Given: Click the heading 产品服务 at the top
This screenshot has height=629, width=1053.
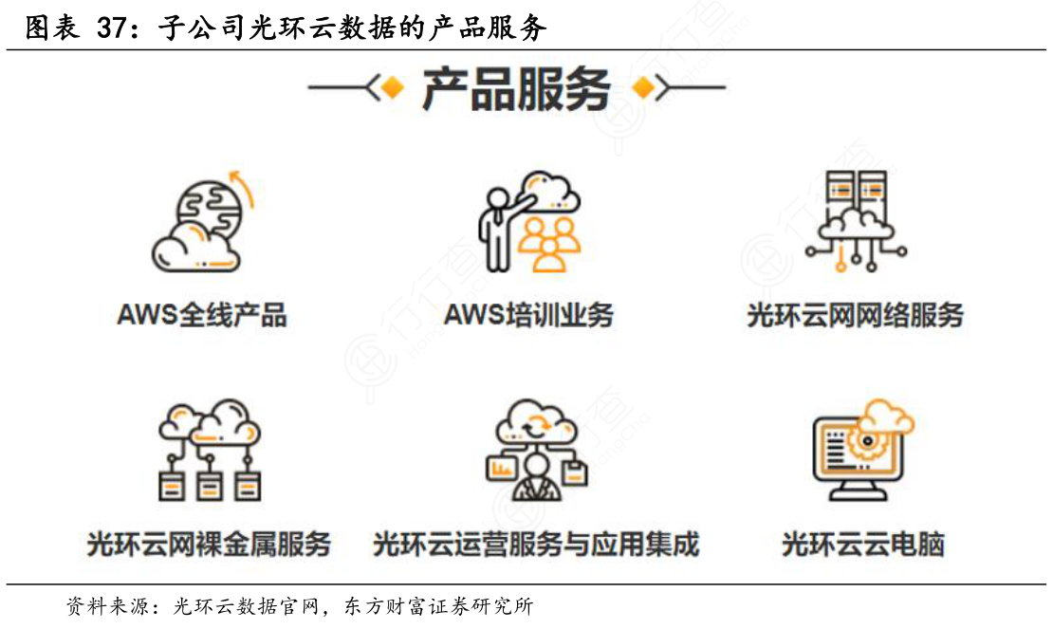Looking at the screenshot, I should pos(515,90).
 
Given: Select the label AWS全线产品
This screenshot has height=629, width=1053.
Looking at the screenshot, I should pos(201,315).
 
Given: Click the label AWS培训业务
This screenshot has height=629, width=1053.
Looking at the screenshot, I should pos(528,315).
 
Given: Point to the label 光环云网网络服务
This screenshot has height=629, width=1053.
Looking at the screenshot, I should pos(855,315).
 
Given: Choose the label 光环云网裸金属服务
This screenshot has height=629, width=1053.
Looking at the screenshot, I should pos(209,544).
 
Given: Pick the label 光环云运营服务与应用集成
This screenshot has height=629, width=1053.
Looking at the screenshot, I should pos(536,544).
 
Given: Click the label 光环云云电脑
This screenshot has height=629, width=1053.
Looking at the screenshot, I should pos(862,546).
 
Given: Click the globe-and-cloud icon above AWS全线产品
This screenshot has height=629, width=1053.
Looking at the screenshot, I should pos(201,220).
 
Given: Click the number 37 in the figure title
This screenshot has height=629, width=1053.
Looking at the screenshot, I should pos(115,28).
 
